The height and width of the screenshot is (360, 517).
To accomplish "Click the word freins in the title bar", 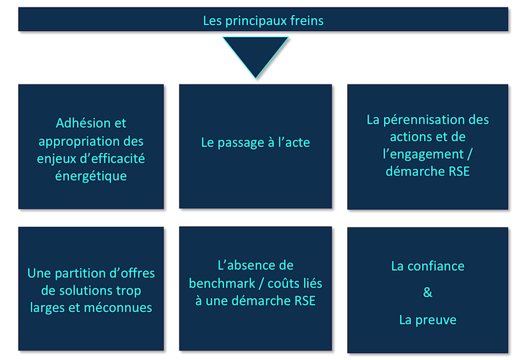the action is point(307,21).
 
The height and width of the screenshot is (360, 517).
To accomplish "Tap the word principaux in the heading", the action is point(256,21).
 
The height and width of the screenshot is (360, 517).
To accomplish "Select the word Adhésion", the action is point(83,123).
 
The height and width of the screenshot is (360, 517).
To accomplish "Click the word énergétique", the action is point(91,176).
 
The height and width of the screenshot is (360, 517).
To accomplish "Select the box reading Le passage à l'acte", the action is point(255,146).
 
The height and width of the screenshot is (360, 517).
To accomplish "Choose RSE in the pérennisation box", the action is point(459,171).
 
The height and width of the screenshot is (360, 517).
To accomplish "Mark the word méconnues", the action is point(118,308).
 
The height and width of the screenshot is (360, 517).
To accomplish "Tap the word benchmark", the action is point(222,283).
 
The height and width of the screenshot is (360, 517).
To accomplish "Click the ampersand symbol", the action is point(428,292).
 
